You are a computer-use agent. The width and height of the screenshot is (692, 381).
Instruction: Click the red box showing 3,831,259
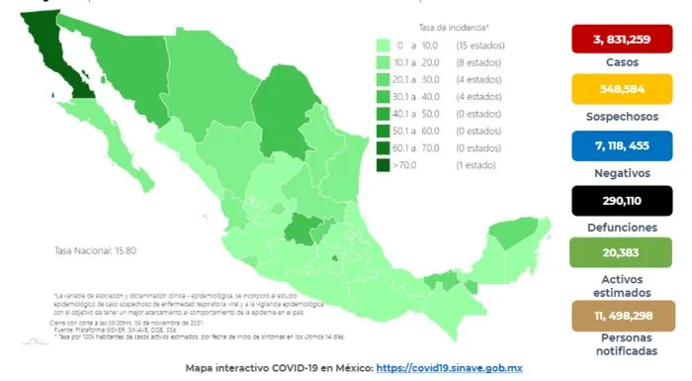(x=614, y=40)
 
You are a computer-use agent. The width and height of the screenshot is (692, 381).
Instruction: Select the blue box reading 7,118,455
(x=614, y=144)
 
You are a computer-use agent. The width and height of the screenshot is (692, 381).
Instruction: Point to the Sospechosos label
(x=614, y=118)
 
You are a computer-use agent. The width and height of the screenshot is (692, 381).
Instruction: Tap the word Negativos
(x=614, y=171)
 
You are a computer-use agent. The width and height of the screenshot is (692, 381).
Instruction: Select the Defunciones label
(x=614, y=225)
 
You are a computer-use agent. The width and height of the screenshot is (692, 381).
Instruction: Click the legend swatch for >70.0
(x=384, y=165)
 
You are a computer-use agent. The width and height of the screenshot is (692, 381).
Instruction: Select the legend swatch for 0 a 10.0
(x=384, y=46)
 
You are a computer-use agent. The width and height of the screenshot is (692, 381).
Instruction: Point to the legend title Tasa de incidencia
(x=455, y=28)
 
